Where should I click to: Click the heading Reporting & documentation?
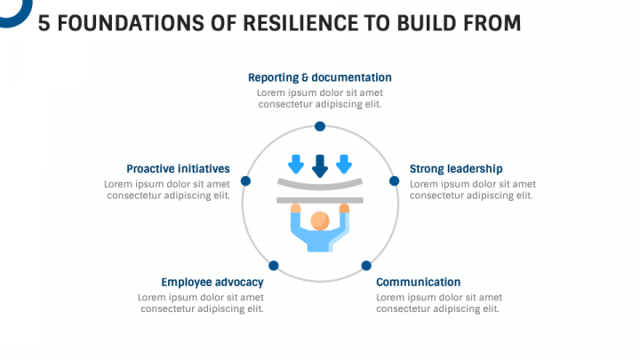(319, 77)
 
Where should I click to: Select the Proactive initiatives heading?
(178, 169)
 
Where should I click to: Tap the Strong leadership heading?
(456, 169)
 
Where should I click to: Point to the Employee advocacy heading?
(212, 283)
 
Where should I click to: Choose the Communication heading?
(418, 283)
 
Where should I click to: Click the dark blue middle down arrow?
(320, 165)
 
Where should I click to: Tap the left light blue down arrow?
(296, 164)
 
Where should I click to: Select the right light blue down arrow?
(344, 164)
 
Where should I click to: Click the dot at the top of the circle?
(320, 127)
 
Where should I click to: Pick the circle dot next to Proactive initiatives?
(246, 180)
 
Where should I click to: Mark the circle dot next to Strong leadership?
(394, 180)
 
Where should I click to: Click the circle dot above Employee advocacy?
(274, 266)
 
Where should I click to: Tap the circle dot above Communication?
(365, 266)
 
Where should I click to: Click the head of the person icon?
(320, 220)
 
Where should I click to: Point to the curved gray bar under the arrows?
(320, 184)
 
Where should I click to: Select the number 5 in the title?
(44, 23)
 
